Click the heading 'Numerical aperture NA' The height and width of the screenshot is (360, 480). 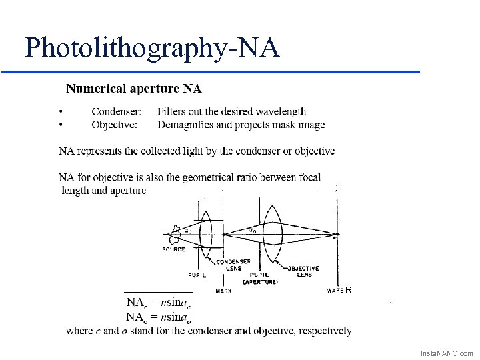coord(133,88)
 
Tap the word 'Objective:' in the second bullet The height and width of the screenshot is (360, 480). coord(115,124)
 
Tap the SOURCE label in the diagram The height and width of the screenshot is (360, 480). coord(174,249)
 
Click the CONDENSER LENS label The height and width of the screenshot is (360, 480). coord(238,265)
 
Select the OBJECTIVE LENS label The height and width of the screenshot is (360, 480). coord(303,271)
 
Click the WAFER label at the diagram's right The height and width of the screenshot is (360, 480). coord(339,290)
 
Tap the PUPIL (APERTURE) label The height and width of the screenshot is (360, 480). coord(263,278)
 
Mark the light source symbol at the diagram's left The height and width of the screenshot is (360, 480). coord(175,234)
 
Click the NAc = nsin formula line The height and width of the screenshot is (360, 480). coord(159,303)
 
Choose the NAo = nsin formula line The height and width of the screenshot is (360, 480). coord(159,317)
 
